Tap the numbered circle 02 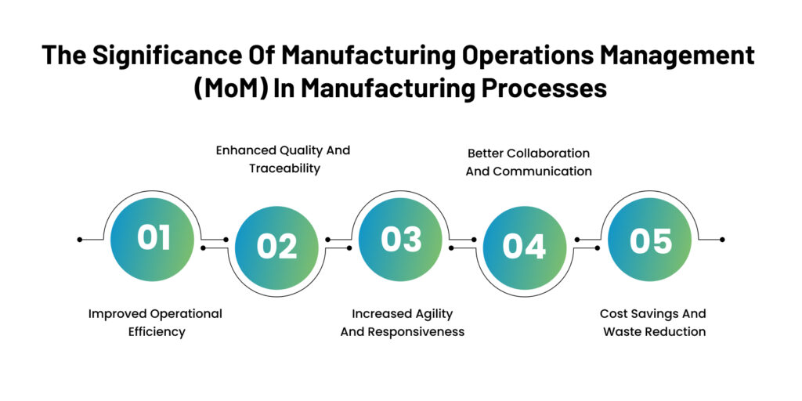(x=276, y=247)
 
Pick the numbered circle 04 (x=524, y=247)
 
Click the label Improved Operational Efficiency (x=155, y=323)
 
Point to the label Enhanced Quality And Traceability (x=283, y=159)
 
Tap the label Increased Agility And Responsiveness (x=402, y=323)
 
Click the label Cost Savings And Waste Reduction (x=653, y=323)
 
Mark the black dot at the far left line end (x=80, y=239)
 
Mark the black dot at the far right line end (x=722, y=239)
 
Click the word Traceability (x=282, y=168)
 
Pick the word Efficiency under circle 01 (x=157, y=332)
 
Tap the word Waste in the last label (x=621, y=332)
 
